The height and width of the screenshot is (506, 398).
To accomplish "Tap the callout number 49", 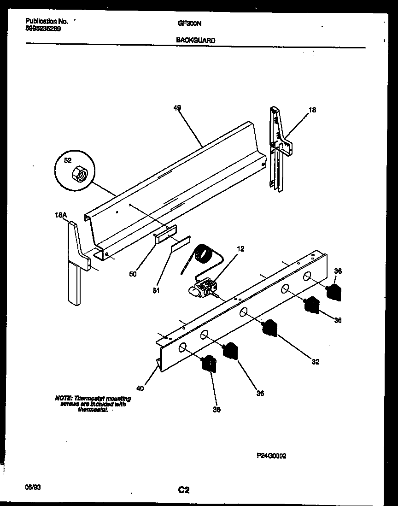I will pyautogui.click(x=177, y=108).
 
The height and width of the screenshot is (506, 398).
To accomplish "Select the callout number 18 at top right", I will pyautogui.click(x=313, y=110).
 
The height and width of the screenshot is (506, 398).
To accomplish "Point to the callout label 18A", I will pyautogui.click(x=61, y=215).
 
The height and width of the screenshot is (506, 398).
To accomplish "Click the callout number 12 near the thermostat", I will pyautogui.click(x=240, y=249).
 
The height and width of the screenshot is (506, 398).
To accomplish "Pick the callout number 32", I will pyautogui.click(x=315, y=362).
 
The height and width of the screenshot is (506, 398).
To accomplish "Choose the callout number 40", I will pyautogui.click(x=140, y=388).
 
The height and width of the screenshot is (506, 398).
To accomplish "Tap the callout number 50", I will pyautogui.click(x=133, y=274).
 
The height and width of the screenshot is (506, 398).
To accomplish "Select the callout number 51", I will pyautogui.click(x=156, y=291).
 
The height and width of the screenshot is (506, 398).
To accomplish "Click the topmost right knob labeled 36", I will pyautogui.click(x=334, y=292).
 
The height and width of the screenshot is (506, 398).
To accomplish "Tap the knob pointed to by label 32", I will pyautogui.click(x=269, y=328).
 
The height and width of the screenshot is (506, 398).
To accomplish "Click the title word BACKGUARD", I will pyautogui.click(x=196, y=40).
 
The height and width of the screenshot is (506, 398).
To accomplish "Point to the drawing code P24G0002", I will pyautogui.click(x=271, y=456).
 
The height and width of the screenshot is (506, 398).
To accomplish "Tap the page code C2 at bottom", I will pyautogui.click(x=184, y=490).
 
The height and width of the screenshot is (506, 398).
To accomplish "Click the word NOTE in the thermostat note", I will pyautogui.click(x=63, y=398).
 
